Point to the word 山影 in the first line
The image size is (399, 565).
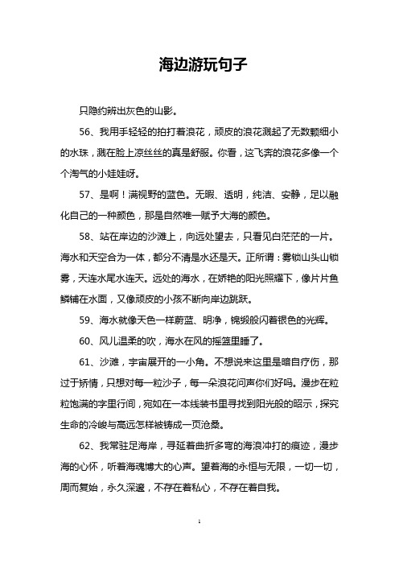point(162,109)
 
